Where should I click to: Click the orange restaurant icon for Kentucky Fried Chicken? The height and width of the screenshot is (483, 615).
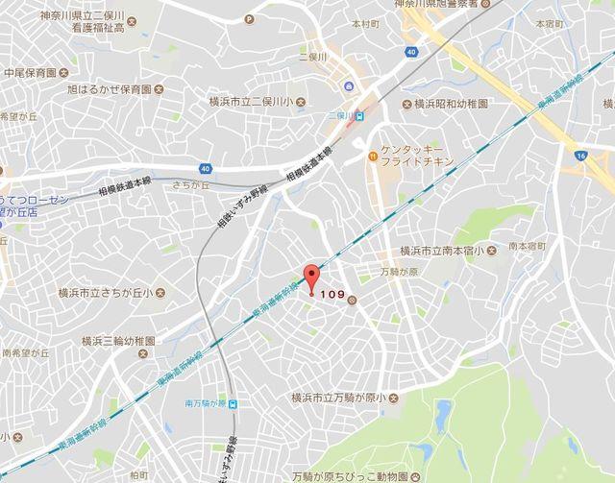point(370,154)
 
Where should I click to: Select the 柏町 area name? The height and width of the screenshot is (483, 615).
point(138,474)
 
